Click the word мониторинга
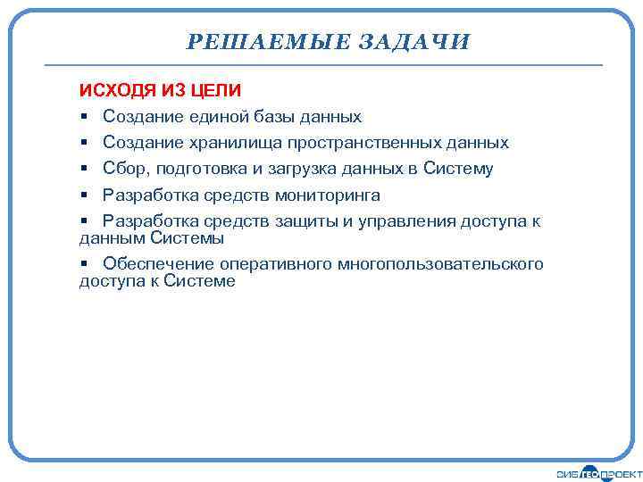click(x=328, y=195)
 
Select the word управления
click(x=406, y=221)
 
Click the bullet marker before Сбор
click(x=83, y=169)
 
